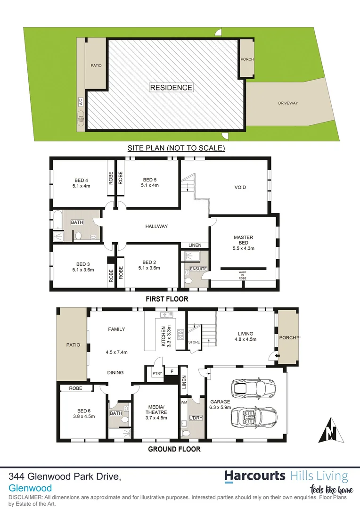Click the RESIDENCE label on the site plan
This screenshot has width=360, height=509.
171,87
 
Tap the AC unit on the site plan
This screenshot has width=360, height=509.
81,101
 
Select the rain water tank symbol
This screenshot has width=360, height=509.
81,120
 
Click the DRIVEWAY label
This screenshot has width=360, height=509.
288,103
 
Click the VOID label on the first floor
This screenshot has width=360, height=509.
240,187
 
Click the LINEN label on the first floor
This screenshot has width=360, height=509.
195,245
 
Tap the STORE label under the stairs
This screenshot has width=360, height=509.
194,342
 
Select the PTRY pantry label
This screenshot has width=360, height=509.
157,373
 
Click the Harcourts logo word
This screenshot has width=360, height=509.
254,476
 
